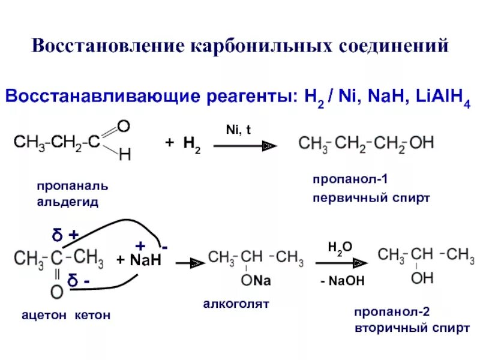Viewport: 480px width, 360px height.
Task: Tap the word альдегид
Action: pos(68,202)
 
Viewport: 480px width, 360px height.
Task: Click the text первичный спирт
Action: pos(371,197)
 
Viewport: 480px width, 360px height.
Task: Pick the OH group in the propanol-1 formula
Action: pos(421,143)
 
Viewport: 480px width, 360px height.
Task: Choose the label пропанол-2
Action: pos(390,313)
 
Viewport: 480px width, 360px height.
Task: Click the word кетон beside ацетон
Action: pos(94,316)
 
